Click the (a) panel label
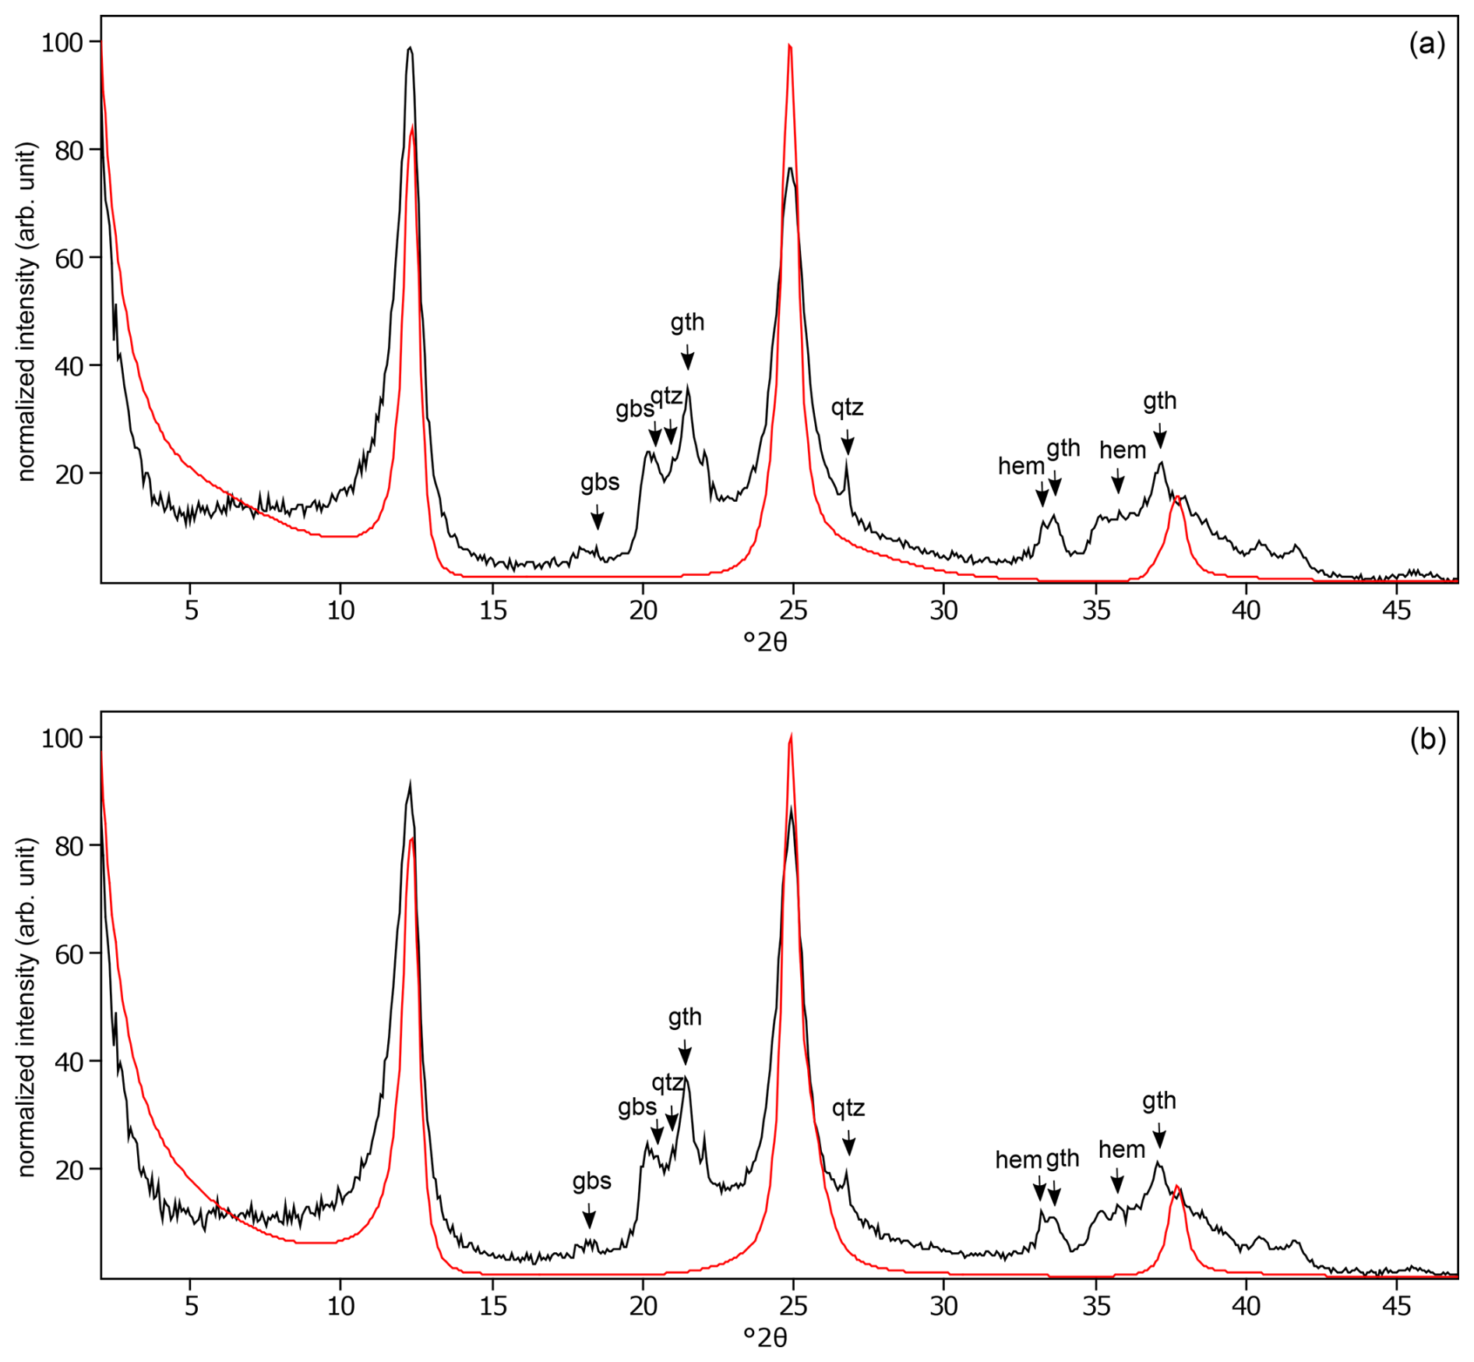tap(1426, 44)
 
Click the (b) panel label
tap(1427, 739)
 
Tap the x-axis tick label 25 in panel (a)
tap(793, 610)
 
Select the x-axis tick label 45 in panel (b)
tap(1396, 1305)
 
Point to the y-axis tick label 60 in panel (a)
tap(69, 258)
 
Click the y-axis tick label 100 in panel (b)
tap(62, 738)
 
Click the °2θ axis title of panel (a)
tap(765, 642)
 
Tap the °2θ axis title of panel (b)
tap(765, 1337)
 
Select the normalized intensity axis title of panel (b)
tap(26, 1007)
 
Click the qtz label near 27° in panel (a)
tap(847, 407)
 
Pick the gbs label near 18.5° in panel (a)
tap(600, 482)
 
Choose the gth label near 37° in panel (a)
tap(1159, 401)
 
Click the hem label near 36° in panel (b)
tap(1122, 1149)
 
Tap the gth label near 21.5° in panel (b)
tap(685, 1017)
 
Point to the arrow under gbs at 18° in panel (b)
tap(589, 1216)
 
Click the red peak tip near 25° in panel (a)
tap(790, 47)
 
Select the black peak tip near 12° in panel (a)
tap(410, 48)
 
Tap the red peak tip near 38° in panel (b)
tap(1176, 1187)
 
